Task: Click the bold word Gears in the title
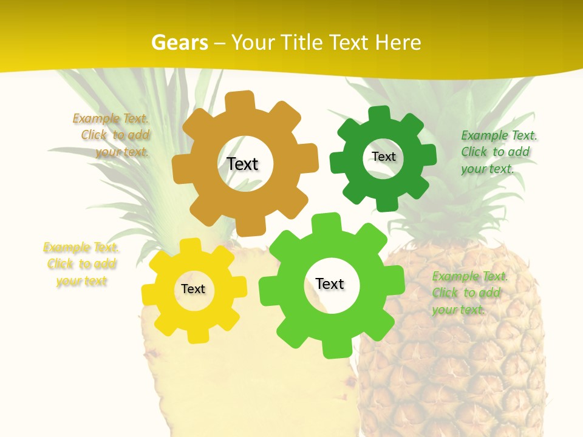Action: (x=179, y=42)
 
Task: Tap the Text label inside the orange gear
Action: (x=242, y=164)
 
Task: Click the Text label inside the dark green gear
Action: (x=383, y=157)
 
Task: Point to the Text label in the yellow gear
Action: (x=193, y=289)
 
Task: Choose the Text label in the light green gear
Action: (x=330, y=283)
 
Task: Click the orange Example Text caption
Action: (x=112, y=135)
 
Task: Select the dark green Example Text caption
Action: (x=499, y=152)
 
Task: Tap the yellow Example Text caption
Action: (x=81, y=264)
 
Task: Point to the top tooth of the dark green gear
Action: (x=379, y=114)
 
